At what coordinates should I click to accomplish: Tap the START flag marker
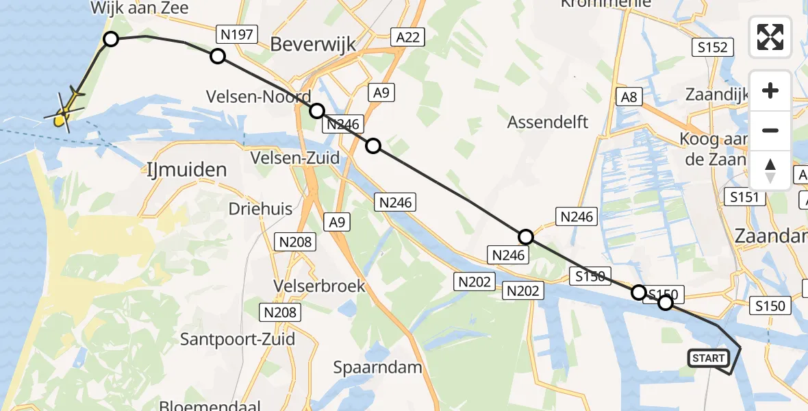tap(708, 358)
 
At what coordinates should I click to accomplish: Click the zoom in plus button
tap(770, 90)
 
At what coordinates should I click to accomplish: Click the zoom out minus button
tap(770, 130)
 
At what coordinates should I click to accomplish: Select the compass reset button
tap(770, 170)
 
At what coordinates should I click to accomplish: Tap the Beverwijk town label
tap(313, 45)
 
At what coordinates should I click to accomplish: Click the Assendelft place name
tap(548, 123)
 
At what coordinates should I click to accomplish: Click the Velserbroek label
tap(318, 285)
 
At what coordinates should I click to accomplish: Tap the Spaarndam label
tap(377, 366)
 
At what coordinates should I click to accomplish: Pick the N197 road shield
tap(236, 34)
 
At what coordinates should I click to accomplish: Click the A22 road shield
tap(407, 37)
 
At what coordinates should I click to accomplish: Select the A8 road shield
tap(629, 97)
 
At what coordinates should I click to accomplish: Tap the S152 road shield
tap(712, 47)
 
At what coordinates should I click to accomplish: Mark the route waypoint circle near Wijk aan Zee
tap(110, 40)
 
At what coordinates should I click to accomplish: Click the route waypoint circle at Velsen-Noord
tap(316, 110)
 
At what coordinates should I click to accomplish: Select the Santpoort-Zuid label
tap(238, 338)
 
